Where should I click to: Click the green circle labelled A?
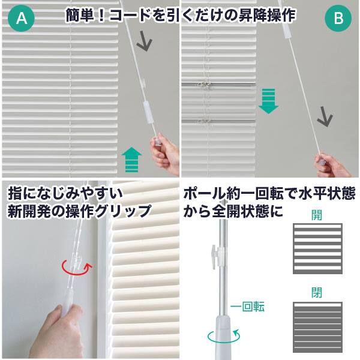tap(22, 19)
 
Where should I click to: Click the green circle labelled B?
tap(338, 19)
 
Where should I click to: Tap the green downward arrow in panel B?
tap(269, 100)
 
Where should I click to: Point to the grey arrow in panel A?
tap(144, 40)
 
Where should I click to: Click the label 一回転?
tap(248, 307)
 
